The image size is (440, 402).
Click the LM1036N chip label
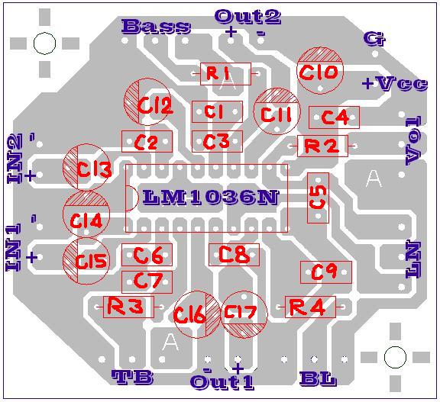point(211,198)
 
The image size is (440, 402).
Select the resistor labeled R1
point(225,74)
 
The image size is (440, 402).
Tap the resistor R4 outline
point(310,307)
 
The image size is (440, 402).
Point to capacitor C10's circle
point(320,71)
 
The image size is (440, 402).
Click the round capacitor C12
point(147,102)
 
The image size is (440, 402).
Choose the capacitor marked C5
point(318,198)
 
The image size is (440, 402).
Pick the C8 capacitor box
point(234,255)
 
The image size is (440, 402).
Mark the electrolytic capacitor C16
point(197,314)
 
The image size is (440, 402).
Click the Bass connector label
point(156,27)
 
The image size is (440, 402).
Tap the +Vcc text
point(395,84)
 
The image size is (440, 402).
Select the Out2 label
point(247,16)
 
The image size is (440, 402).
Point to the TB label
point(132,377)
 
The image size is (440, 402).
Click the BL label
point(318,379)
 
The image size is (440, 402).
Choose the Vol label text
point(414,141)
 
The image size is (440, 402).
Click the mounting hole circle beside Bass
point(44,43)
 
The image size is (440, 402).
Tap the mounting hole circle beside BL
point(395,358)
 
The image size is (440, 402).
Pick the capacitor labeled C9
point(325,272)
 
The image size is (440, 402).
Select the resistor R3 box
point(128,307)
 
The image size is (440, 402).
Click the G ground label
point(374,39)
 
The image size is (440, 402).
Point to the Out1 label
point(222,381)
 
